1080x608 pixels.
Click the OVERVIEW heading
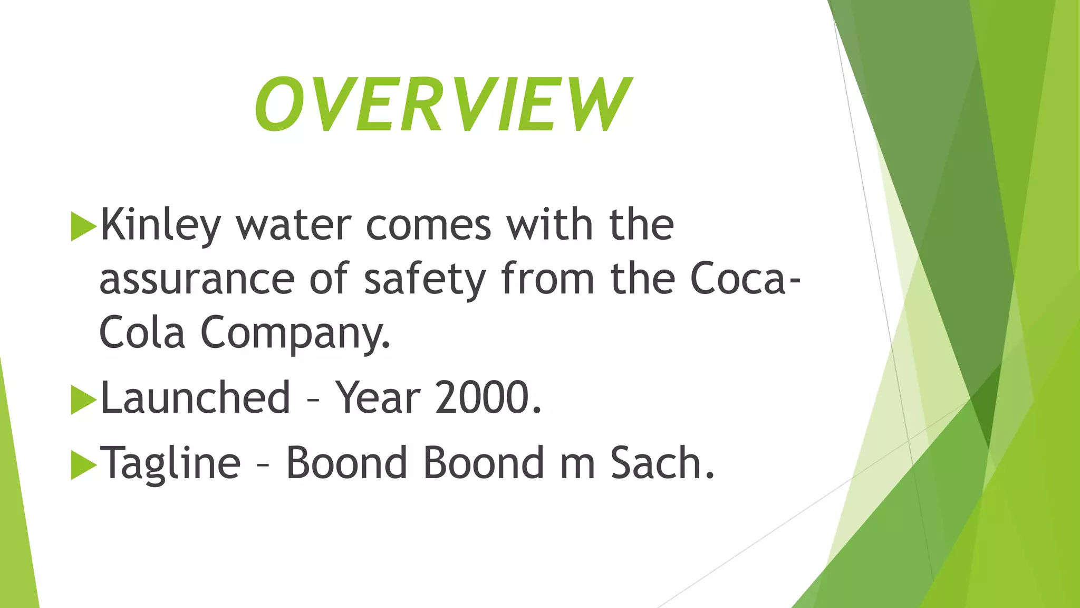(x=442, y=104)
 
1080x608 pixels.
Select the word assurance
(x=197, y=280)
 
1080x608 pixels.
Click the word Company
(x=295, y=334)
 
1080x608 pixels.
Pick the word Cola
(x=142, y=334)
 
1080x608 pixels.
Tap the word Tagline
(x=170, y=463)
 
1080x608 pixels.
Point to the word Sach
(x=662, y=463)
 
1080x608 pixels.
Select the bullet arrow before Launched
(x=83, y=400)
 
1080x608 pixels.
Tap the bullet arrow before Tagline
(x=83, y=465)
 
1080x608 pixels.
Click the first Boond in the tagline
(x=346, y=463)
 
